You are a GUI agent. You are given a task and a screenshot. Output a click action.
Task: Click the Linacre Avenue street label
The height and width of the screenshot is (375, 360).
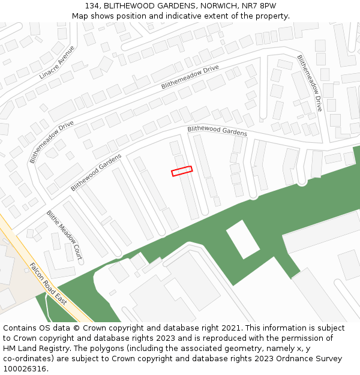click(58, 62)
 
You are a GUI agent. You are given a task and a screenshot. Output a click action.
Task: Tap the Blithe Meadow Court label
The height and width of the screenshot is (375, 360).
click(64, 235)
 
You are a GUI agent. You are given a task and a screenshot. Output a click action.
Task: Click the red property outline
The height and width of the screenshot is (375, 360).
click(182, 171)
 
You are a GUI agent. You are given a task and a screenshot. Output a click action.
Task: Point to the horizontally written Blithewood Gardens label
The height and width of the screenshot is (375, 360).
click(217, 131)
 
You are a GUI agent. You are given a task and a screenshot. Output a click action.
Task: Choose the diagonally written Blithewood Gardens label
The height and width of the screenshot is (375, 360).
click(96, 172)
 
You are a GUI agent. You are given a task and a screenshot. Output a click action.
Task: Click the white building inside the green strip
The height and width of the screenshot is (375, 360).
click(243, 238)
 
